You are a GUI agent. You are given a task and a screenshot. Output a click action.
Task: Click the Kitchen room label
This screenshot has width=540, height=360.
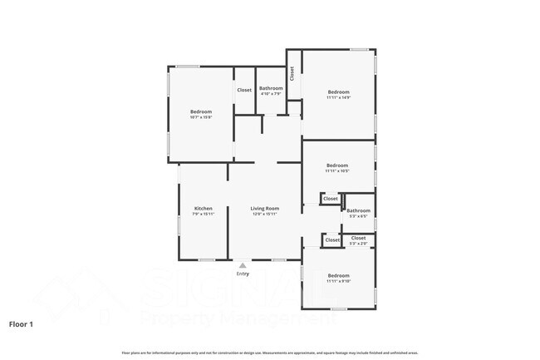pyautogui.click(x=204, y=208)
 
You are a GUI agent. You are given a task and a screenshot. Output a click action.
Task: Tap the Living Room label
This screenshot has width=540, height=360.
pyautogui.click(x=265, y=208)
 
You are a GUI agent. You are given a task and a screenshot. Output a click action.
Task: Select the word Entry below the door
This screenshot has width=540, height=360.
pyautogui.click(x=243, y=274)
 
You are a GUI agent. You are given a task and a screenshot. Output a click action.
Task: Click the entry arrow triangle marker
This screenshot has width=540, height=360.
pyautogui.click(x=243, y=266)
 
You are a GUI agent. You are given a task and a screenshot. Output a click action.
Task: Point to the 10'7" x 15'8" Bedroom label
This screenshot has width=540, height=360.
pyautogui.click(x=201, y=111)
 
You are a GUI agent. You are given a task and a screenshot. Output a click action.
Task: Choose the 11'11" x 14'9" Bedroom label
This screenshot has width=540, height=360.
pyautogui.click(x=337, y=91)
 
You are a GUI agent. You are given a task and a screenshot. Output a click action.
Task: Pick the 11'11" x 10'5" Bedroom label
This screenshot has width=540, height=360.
pyautogui.click(x=336, y=165)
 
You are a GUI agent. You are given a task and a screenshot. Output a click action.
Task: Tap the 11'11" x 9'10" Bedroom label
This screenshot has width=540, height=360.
pyautogui.click(x=337, y=275)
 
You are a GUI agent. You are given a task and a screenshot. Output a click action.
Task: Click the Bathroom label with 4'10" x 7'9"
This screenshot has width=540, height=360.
pyautogui.click(x=271, y=88)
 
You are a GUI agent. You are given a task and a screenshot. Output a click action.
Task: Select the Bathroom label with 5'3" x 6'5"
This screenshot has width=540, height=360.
pyautogui.click(x=359, y=210)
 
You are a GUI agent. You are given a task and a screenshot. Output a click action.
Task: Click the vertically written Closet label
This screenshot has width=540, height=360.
pyautogui.click(x=292, y=73)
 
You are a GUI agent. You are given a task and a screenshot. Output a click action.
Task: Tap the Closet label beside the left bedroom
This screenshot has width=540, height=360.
pyautogui.click(x=244, y=90)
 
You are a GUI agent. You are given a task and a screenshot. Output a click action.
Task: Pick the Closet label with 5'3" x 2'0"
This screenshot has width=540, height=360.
pyautogui.click(x=358, y=238)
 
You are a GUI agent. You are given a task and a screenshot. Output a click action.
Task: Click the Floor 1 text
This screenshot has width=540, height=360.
pyautogui.click(x=21, y=323)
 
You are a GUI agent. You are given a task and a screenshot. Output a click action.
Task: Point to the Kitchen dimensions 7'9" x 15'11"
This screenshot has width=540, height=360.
pyautogui.click(x=204, y=214)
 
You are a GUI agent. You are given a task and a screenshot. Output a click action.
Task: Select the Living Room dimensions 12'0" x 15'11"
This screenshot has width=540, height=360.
pyautogui.click(x=265, y=214)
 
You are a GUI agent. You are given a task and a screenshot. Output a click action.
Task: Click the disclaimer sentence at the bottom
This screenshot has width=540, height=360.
pyautogui.click(x=270, y=352)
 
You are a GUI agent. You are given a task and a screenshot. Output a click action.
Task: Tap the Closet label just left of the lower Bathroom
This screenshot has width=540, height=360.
pyautogui.click(x=331, y=199)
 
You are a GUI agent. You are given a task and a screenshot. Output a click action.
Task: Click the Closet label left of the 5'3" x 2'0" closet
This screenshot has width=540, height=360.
pyautogui.click(x=332, y=240)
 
